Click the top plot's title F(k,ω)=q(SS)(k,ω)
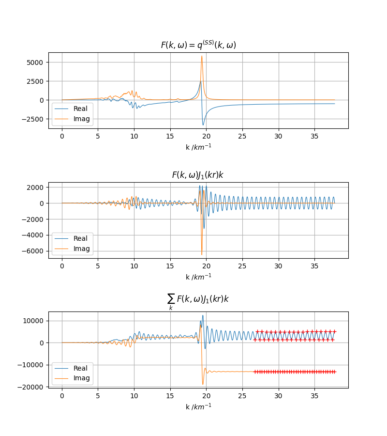pos(198,45)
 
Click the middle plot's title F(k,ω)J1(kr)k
pos(198,175)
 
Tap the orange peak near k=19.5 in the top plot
pos(202,56)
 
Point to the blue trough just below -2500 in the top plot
pos(203,125)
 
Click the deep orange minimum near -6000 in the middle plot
pos(202,254)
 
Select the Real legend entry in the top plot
pos(81,109)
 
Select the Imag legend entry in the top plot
pos(81,119)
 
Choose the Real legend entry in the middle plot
pos(81,238)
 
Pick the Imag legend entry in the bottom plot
pos(81,378)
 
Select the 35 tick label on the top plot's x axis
pos(314,137)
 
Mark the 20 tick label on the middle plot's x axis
pos(206,267)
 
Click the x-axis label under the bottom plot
pos(198,406)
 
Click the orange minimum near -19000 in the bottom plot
pos(203,384)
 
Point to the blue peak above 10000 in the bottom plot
pos(203,316)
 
